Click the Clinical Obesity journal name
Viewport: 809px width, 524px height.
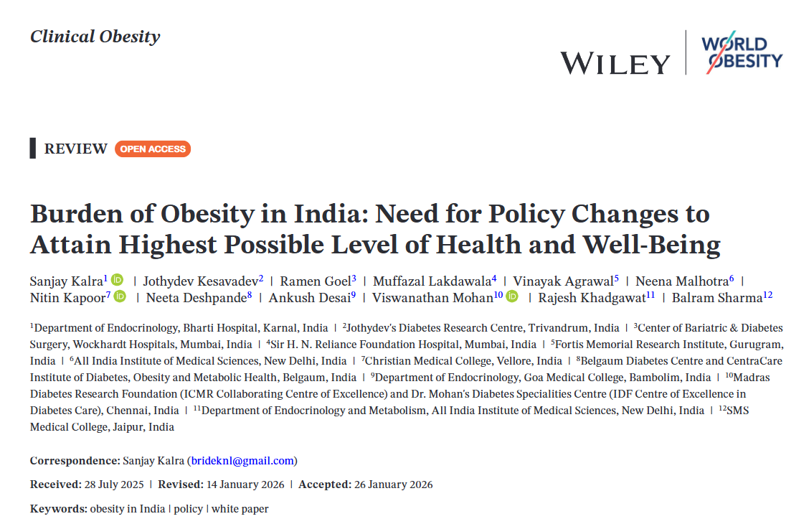click(95, 37)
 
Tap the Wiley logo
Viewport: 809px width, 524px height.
click(615, 63)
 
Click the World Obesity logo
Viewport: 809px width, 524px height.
click(742, 52)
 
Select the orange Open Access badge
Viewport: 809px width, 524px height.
click(153, 149)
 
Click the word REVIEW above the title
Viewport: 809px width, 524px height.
click(75, 149)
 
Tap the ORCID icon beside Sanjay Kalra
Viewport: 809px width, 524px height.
click(117, 280)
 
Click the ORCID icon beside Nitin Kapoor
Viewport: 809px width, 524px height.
click(120, 296)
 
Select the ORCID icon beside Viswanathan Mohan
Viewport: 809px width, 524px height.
click(512, 296)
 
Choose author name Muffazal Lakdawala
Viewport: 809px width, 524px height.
click(434, 281)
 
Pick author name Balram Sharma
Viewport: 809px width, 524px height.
click(717, 297)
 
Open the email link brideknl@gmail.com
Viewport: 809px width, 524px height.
click(242, 461)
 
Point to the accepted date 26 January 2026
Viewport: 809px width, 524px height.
click(393, 485)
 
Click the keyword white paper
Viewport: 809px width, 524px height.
click(240, 509)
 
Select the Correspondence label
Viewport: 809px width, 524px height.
click(75, 461)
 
